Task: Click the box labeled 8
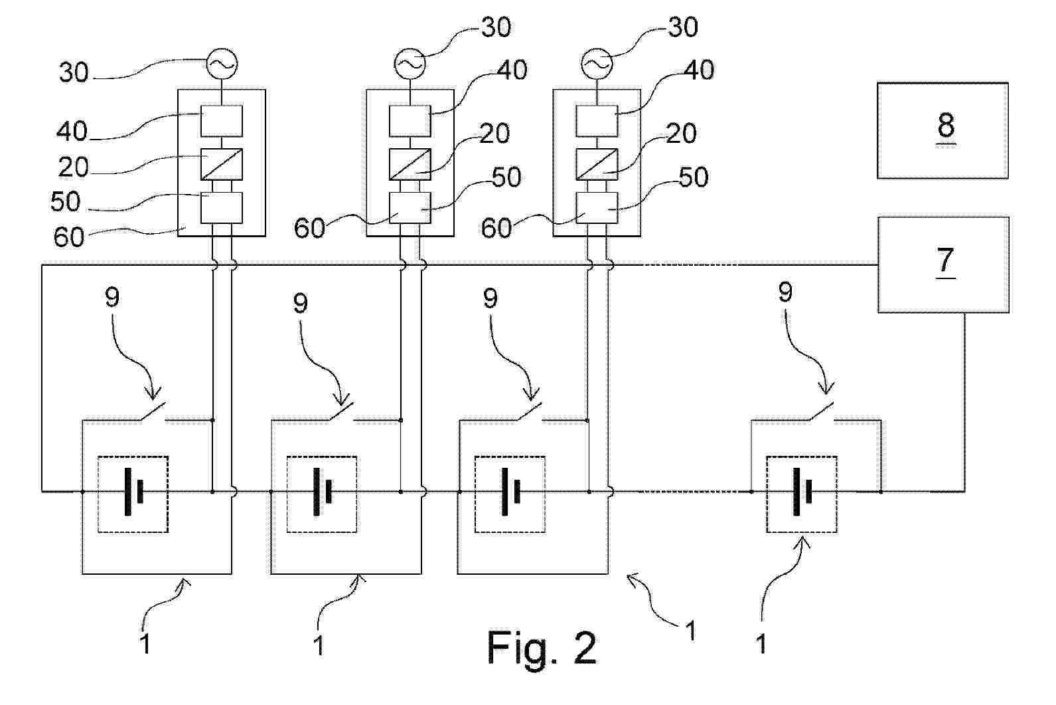[x=943, y=131]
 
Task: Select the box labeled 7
[x=943, y=264]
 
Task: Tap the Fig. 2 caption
[x=542, y=649]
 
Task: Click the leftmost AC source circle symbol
[x=222, y=64]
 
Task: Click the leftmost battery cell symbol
[x=133, y=492]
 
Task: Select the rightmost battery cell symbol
[x=802, y=492]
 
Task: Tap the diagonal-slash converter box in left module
[x=222, y=164]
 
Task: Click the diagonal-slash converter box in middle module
[x=410, y=164]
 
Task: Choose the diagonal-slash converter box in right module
[x=597, y=164]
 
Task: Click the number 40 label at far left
[x=72, y=131]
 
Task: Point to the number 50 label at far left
[x=66, y=201]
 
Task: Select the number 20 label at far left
[x=74, y=167]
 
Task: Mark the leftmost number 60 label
[x=69, y=237]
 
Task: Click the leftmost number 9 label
[x=112, y=297]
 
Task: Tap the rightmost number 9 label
[x=785, y=292]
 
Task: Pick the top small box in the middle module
[x=410, y=121]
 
